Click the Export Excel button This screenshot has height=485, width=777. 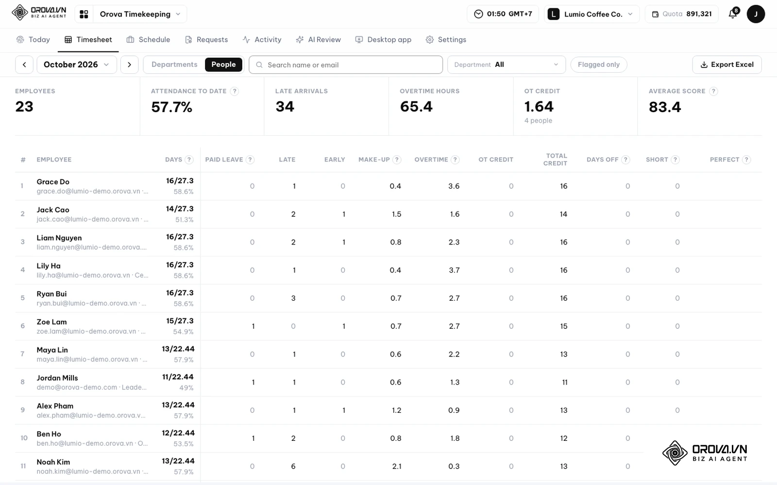[726, 65]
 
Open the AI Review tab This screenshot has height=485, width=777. [318, 39]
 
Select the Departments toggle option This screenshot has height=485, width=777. [174, 65]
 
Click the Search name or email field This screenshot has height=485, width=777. [345, 65]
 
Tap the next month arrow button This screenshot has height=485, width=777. [129, 65]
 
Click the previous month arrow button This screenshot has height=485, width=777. [24, 65]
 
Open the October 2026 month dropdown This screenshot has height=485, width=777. [77, 65]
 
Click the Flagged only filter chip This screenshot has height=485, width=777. [599, 65]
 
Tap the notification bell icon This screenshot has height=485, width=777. [733, 14]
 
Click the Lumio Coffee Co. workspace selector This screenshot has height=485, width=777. [591, 14]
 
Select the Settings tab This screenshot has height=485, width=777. [446, 39]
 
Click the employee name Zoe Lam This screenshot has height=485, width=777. [51, 322]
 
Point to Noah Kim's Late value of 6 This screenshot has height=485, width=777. [293, 466]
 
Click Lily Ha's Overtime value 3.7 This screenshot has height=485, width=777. [454, 270]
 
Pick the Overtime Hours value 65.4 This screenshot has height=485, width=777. [416, 106]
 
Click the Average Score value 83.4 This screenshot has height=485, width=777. [665, 107]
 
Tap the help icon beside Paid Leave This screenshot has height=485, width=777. [250, 160]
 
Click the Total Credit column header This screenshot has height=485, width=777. [555, 160]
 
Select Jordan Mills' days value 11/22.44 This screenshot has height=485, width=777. [178, 377]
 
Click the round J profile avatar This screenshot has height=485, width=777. [756, 14]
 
